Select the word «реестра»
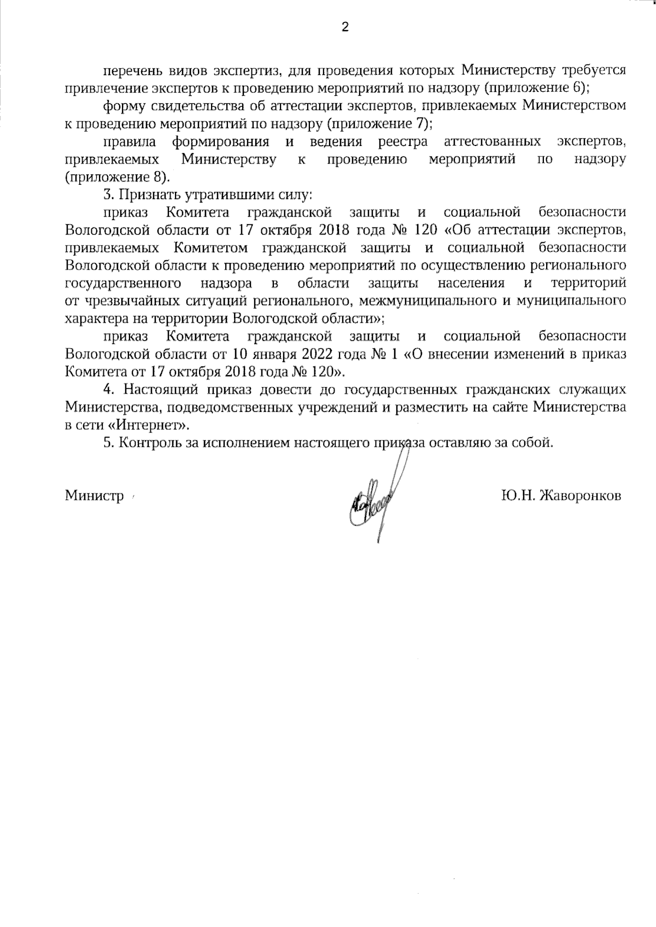(403, 142)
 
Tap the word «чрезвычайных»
(124, 301)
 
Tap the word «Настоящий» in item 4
(162, 390)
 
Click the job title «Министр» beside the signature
(95, 496)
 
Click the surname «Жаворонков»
(580, 496)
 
